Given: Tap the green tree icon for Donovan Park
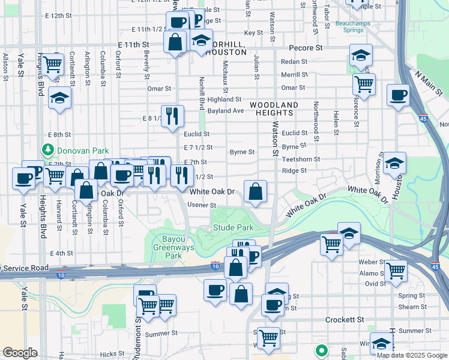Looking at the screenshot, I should (46, 149).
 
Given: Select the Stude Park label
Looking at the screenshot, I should (233, 228).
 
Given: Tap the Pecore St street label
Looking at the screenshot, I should (306, 47).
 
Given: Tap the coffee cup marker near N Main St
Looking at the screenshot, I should (398, 96).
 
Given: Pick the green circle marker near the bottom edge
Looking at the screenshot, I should (321, 349).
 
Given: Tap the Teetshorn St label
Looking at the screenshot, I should (301, 160).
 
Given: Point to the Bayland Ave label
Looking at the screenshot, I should (226, 111).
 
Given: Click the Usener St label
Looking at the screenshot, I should (202, 205).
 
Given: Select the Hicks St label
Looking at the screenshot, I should (112, 355).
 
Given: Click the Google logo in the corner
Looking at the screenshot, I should (20, 353).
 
